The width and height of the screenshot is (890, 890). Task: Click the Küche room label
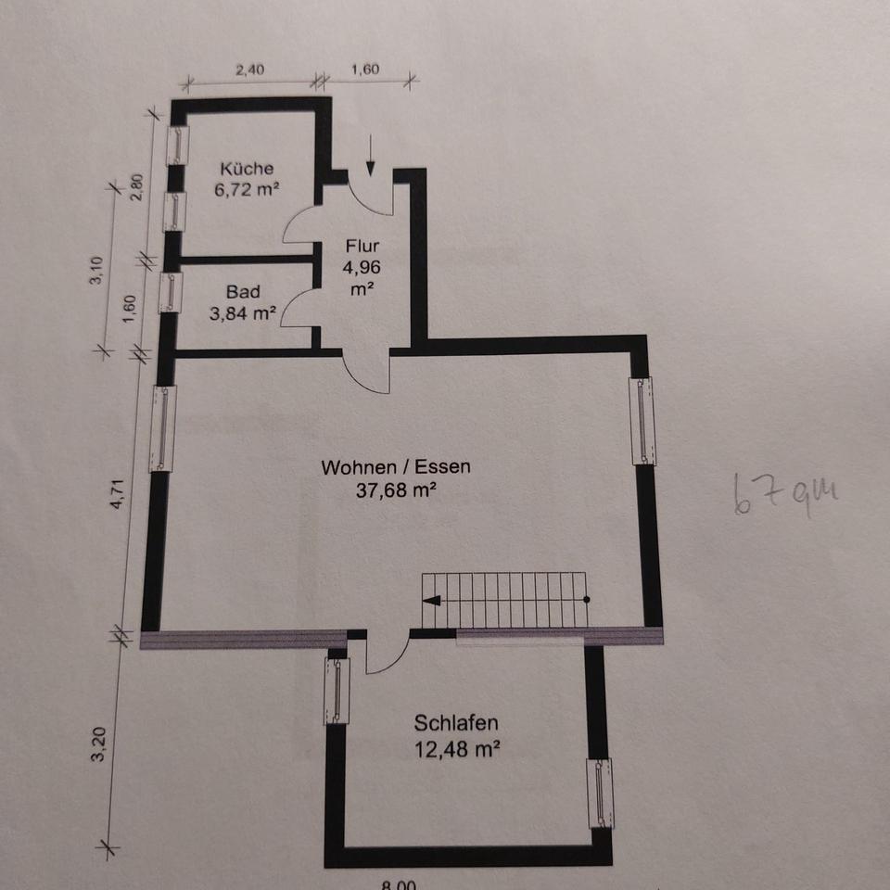point(246,169)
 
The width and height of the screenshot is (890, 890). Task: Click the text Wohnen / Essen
point(396,467)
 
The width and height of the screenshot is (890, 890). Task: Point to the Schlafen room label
point(457,723)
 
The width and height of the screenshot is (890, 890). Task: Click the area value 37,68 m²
point(396,492)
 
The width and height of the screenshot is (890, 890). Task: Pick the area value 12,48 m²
point(457,748)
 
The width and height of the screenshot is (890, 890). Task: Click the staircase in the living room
point(505,600)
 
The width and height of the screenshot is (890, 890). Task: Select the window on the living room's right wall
point(642,420)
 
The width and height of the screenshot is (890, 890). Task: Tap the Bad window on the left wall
point(171,291)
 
